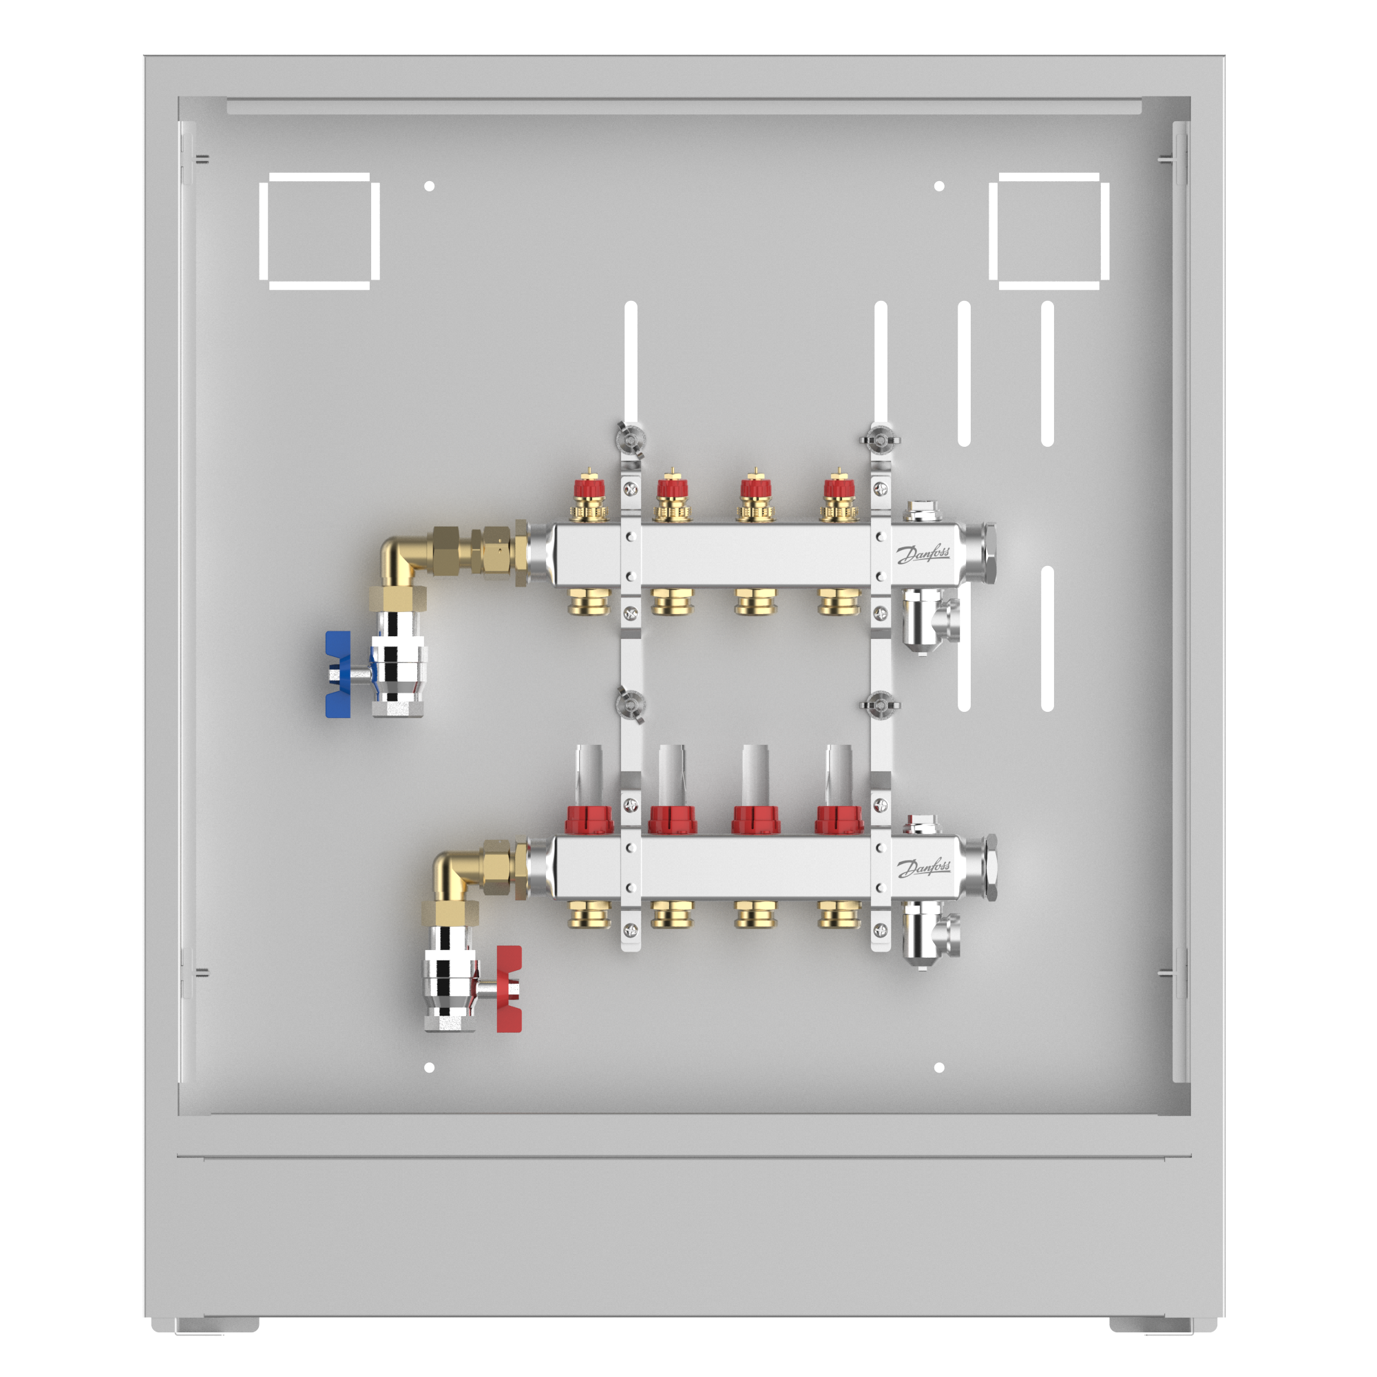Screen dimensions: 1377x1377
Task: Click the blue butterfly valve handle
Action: (338, 673)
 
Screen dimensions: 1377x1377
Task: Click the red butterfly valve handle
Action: (509, 989)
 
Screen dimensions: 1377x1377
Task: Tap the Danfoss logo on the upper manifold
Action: (923, 554)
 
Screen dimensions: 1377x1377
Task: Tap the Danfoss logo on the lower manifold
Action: (923, 868)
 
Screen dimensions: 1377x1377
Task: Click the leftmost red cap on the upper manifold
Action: (589, 487)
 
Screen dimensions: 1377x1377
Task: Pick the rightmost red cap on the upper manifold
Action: (839, 487)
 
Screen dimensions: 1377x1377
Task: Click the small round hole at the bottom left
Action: (429, 1068)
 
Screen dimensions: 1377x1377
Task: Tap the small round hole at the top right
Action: (938, 186)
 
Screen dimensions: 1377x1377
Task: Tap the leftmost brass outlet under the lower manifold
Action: (589, 915)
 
